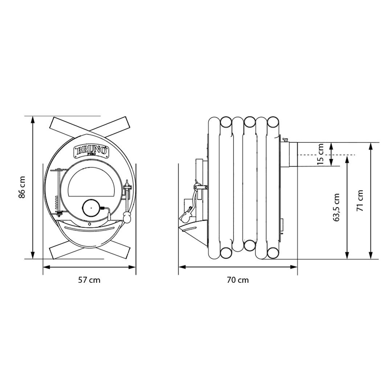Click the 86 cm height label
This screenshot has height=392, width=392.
pyautogui.click(x=22, y=187)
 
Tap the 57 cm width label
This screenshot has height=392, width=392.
pyautogui.click(x=89, y=280)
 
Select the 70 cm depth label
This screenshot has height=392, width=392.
pyautogui.click(x=238, y=280)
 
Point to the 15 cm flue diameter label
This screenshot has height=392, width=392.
pyautogui.click(x=320, y=154)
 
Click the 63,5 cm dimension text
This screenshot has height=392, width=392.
pyautogui.click(x=336, y=207)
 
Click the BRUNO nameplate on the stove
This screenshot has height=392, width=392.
pyautogui.click(x=91, y=151)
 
